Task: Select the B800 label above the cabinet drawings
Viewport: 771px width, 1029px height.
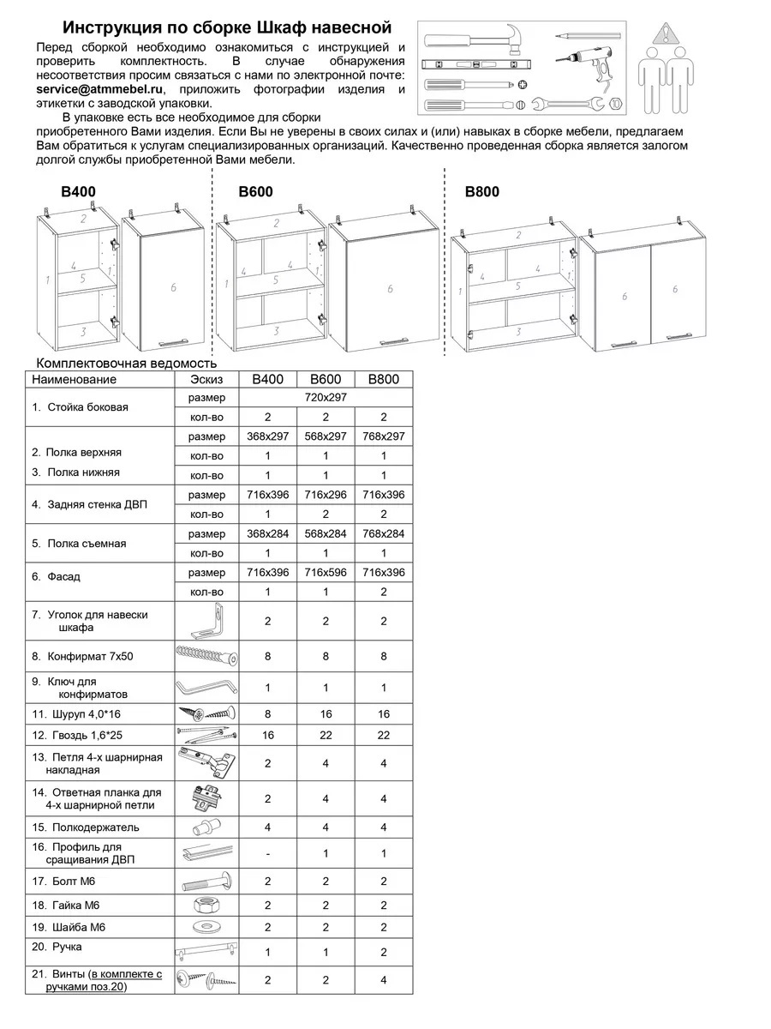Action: (x=481, y=192)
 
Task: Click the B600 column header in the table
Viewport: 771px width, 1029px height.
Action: (x=326, y=379)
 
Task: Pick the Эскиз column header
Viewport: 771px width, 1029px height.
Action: (x=206, y=379)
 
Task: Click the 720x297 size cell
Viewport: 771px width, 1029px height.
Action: (x=325, y=398)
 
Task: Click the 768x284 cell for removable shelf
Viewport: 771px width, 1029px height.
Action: (x=383, y=533)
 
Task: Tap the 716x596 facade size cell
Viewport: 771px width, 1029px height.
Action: (x=326, y=572)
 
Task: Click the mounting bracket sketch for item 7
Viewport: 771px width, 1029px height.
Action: (x=208, y=620)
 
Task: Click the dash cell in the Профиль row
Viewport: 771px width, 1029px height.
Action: (x=268, y=853)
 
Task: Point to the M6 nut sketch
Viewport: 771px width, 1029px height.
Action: (x=206, y=905)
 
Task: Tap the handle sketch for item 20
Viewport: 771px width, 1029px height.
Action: (x=206, y=952)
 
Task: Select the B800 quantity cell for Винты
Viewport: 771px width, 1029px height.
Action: (x=383, y=979)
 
